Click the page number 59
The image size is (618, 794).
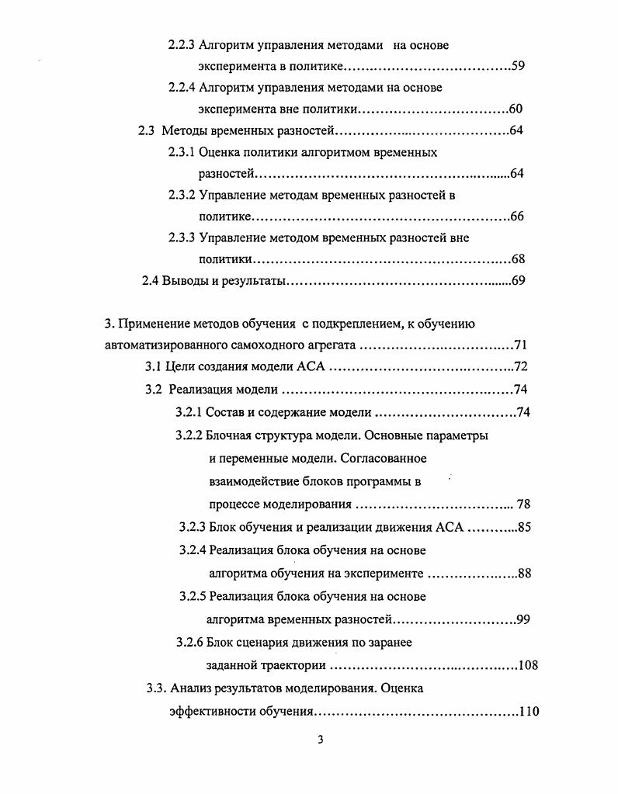coord(518,66)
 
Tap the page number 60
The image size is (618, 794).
coord(515,109)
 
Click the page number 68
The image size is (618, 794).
coord(518,259)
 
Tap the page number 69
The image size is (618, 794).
coord(519,281)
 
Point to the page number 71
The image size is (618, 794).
coord(521,345)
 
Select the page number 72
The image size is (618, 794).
coord(520,367)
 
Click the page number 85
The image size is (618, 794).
coord(523,528)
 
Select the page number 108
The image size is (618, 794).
coord(527,665)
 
